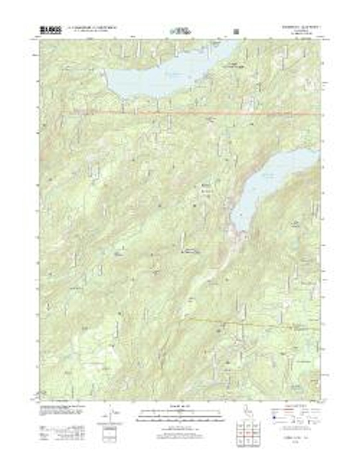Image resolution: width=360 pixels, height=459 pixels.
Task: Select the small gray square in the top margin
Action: [236, 31]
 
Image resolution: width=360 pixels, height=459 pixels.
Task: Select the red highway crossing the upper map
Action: [192, 113]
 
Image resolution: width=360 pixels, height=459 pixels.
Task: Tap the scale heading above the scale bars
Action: [180, 406]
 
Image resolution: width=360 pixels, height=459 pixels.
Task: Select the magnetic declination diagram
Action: [110, 415]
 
